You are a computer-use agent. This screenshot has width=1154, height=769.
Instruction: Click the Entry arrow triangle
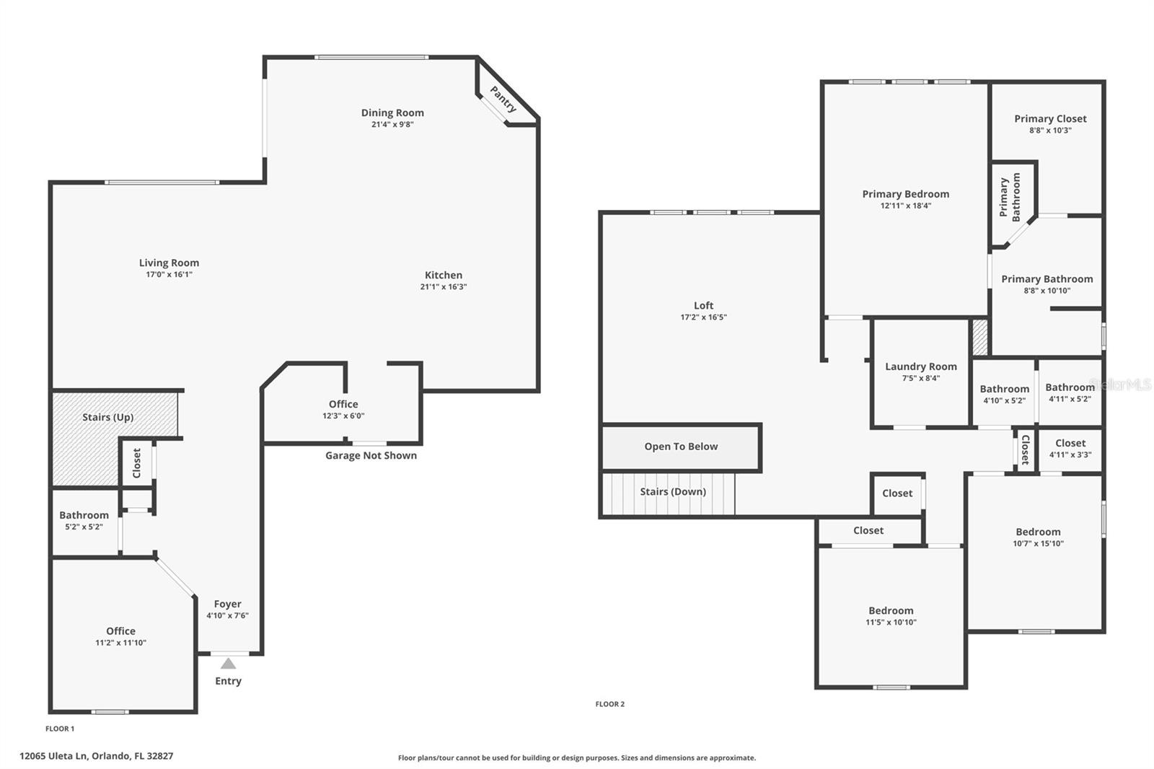[228, 664]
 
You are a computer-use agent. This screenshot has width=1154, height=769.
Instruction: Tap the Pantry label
[503, 99]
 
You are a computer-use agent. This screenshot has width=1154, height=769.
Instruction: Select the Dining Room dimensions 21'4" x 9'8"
[392, 124]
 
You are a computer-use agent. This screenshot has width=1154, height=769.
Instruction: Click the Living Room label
[169, 263]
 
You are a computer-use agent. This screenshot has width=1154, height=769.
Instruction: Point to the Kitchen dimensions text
[444, 286]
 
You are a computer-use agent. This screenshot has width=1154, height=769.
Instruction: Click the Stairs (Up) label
[107, 417]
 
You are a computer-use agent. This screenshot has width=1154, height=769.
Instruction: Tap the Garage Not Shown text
[371, 456]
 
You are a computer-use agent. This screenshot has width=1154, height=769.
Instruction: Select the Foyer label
[228, 604]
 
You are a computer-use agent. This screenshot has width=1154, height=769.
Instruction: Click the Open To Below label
[681, 447]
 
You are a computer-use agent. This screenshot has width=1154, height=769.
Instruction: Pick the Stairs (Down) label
[673, 492]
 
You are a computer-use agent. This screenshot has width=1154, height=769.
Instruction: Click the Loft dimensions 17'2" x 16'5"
[704, 317]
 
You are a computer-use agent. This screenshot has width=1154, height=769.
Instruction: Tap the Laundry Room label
[921, 366]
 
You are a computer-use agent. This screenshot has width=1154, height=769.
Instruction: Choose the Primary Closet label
[1050, 118]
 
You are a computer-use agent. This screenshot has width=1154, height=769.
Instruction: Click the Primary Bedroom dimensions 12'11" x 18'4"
[906, 206]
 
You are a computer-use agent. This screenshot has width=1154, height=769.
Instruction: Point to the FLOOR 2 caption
[610, 704]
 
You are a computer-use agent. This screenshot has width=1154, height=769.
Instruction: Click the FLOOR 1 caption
[60, 729]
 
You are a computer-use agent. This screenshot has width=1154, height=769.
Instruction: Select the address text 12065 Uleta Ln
[53, 756]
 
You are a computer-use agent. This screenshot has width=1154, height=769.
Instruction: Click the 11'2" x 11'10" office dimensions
[120, 643]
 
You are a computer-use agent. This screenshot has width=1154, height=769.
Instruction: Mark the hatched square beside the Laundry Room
[980, 338]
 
